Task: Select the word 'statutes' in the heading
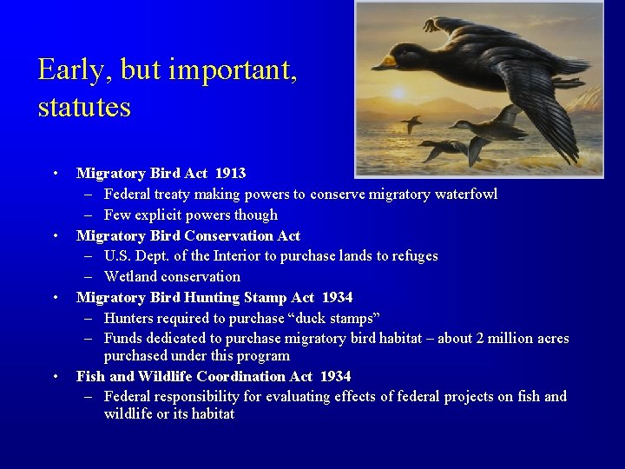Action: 84,108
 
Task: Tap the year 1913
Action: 230,174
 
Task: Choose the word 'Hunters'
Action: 130,318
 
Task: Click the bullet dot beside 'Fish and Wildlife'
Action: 56,377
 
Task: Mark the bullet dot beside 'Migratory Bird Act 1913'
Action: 56,174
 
